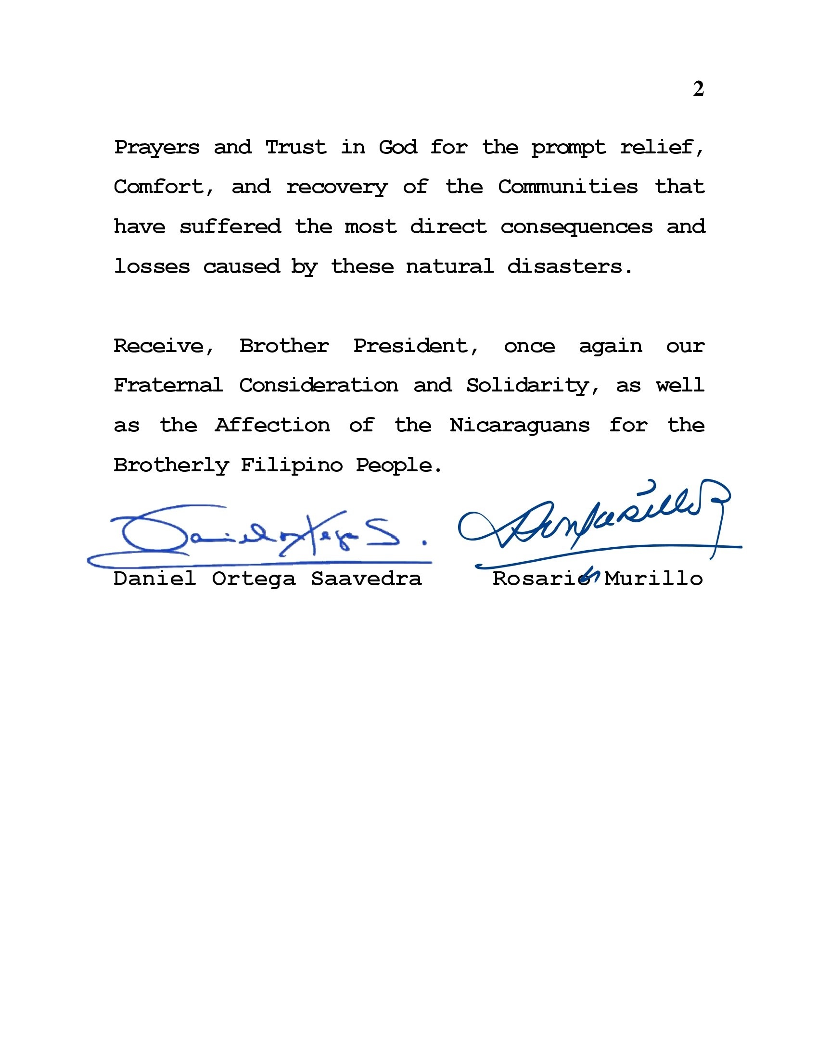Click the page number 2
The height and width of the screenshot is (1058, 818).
698,89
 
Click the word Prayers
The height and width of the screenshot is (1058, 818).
156,147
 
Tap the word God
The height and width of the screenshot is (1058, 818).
397,147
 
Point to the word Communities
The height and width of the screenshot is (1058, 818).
568,187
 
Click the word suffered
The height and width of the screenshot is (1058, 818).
230,227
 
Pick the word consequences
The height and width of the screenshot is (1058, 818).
576,227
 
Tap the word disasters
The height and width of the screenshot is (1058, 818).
570,266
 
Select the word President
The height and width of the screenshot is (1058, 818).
416,346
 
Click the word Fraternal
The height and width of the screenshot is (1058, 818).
168,386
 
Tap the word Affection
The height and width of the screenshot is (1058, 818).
272,426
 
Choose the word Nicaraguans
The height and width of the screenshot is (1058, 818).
520,426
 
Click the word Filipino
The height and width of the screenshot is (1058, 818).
292,466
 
